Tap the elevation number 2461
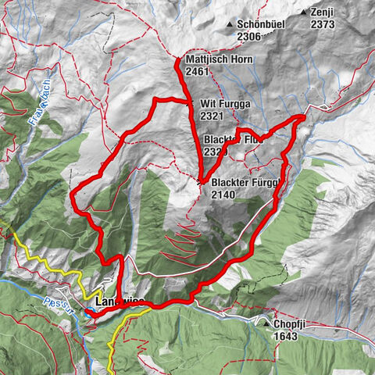[199, 71]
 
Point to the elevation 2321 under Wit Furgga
[212, 115]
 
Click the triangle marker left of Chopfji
[268, 323]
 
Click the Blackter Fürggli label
[243, 184]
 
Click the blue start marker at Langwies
[91, 312]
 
